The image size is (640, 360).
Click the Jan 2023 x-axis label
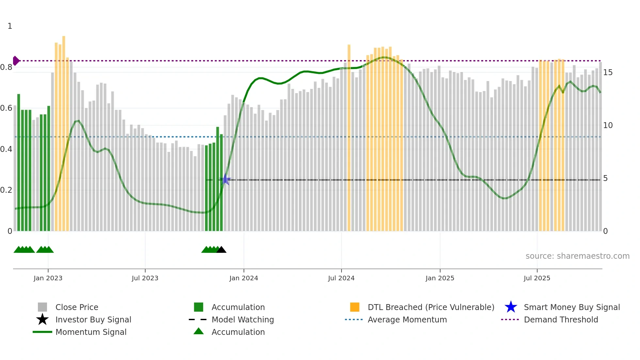pos(48,278)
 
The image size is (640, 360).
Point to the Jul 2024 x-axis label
pos(341,278)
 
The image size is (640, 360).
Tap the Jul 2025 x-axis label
pos(537,278)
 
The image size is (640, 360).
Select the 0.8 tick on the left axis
pos(6,67)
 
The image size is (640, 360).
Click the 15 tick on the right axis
pos(608,73)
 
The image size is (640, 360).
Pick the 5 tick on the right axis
pos(605,178)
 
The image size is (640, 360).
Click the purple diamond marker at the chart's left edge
pos(16,61)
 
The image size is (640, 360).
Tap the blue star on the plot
pos(225,180)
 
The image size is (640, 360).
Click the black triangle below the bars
pos(221,250)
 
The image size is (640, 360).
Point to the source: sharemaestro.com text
pos(577,256)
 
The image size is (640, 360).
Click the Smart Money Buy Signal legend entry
pos(571,307)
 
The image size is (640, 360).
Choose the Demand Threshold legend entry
pos(561,319)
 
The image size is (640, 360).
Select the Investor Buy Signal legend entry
pos(93,319)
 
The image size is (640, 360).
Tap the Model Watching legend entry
pos(243,319)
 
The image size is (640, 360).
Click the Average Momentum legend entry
pos(407,319)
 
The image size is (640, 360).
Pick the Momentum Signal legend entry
pos(91,332)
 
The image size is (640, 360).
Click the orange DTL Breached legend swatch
pos(355,307)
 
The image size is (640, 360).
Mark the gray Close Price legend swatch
pos(42,307)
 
